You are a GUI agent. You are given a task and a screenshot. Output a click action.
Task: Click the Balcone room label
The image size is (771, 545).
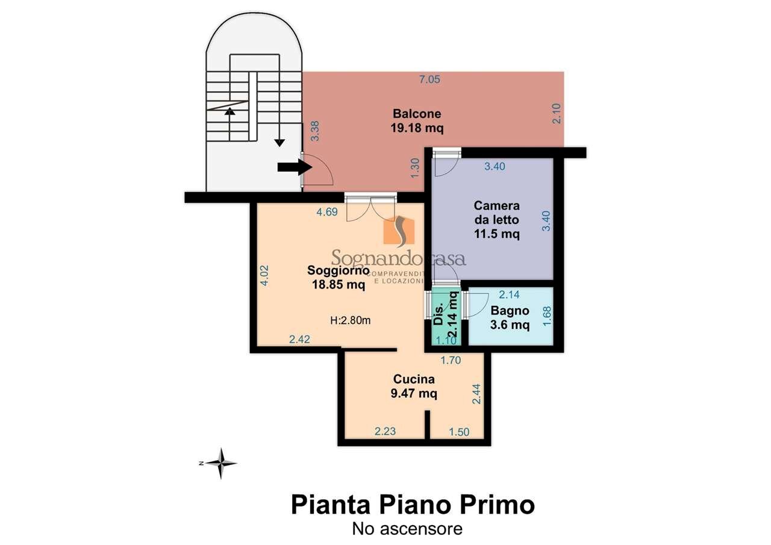[x=417, y=120]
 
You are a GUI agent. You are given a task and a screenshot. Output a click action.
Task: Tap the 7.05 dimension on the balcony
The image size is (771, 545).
[x=431, y=79]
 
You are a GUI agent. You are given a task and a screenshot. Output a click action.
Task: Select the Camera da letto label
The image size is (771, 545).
[x=496, y=220]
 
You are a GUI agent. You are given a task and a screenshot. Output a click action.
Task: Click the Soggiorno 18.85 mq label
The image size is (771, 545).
[x=338, y=278]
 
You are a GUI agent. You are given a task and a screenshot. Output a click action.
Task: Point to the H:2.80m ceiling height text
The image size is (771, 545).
[x=351, y=320]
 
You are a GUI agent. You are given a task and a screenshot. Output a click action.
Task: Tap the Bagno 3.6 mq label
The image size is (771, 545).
[x=510, y=318]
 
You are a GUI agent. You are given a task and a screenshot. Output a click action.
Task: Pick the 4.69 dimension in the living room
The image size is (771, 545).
[x=327, y=211]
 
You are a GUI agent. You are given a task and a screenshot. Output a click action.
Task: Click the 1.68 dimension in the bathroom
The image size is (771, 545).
[x=547, y=316]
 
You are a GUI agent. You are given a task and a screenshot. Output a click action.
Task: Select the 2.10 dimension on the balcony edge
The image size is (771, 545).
[x=556, y=114]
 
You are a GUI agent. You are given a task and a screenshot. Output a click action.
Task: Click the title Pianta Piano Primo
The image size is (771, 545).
[x=413, y=504]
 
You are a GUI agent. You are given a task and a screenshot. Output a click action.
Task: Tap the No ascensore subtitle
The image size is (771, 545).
[x=407, y=529]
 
